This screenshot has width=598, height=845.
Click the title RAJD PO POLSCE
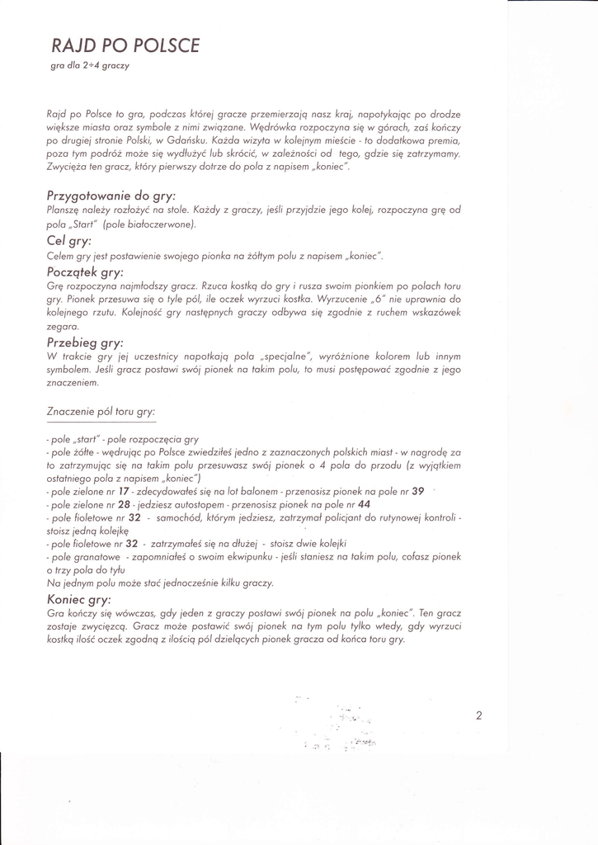[x=125, y=45]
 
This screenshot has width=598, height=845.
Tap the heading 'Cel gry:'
[x=68, y=242]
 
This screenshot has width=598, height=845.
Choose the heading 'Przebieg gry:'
[x=85, y=342]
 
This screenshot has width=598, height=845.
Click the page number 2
[x=479, y=715]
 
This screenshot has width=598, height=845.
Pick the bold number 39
[x=418, y=491]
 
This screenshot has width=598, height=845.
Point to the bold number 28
[x=125, y=504]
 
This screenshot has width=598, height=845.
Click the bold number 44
[x=364, y=504]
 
